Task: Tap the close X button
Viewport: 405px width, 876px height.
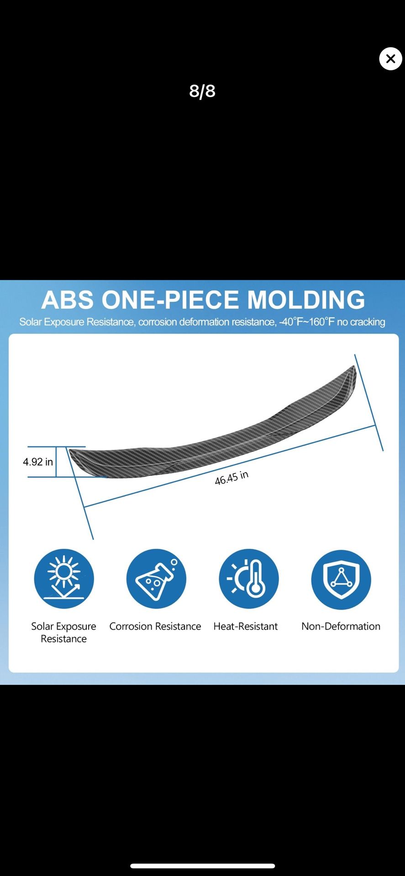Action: click(390, 58)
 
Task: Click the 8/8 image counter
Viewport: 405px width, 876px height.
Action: click(202, 91)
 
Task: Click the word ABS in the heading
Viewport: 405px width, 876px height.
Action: click(68, 300)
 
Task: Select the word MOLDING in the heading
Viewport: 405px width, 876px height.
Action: click(306, 300)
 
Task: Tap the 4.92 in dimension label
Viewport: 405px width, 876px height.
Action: click(38, 462)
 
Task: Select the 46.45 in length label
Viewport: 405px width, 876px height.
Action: click(231, 478)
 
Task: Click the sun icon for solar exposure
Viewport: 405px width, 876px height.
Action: click(64, 579)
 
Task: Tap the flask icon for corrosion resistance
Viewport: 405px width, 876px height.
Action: click(156, 579)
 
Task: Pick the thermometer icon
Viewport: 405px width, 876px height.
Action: click(248, 579)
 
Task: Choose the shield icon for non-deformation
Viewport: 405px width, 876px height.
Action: click(341, 579)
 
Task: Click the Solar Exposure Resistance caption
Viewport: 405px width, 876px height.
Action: click(63, 632)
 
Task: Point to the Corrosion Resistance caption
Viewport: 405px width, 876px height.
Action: click(155, 626)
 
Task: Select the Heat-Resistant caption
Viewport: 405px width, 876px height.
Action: click(246, 626)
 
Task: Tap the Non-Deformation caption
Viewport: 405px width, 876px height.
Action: click(341, 626)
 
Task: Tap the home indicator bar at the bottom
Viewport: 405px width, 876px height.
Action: click(202, 866)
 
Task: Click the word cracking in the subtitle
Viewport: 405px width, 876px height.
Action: click(367, 322)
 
